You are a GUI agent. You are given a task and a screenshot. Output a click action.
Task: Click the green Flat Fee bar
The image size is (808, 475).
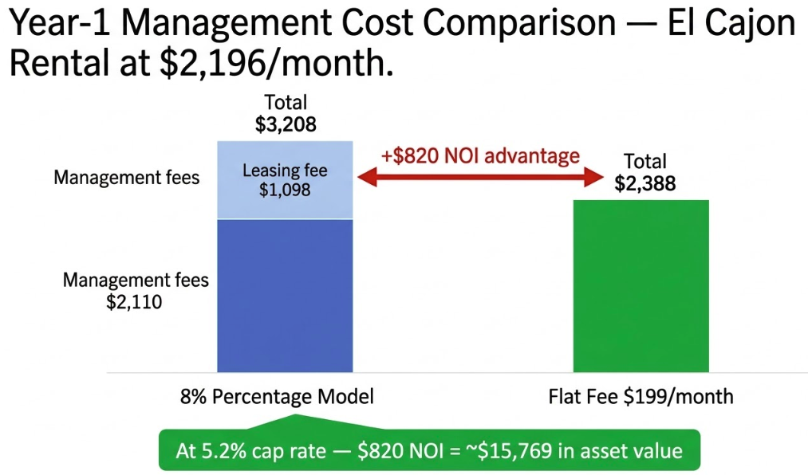pyautogui.click(x=640, y=285)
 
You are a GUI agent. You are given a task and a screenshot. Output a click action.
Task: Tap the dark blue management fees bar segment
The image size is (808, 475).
pyautogui.click(x=285, y=295)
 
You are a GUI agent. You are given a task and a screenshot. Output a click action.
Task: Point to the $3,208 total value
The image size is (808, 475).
pyautogui.click(x=285, y=124)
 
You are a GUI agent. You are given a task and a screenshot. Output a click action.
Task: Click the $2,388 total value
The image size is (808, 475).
pyautogui.click(x=645, y=183)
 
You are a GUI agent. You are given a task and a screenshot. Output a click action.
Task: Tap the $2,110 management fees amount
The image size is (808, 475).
pyautogui.click(x=135, y=302)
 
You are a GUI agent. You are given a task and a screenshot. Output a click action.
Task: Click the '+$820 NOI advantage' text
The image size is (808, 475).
pyautogui.click(x=480, y=155)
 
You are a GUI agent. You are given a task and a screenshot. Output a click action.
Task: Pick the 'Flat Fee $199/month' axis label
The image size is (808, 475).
pyautogui.click(x=640, y=396)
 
